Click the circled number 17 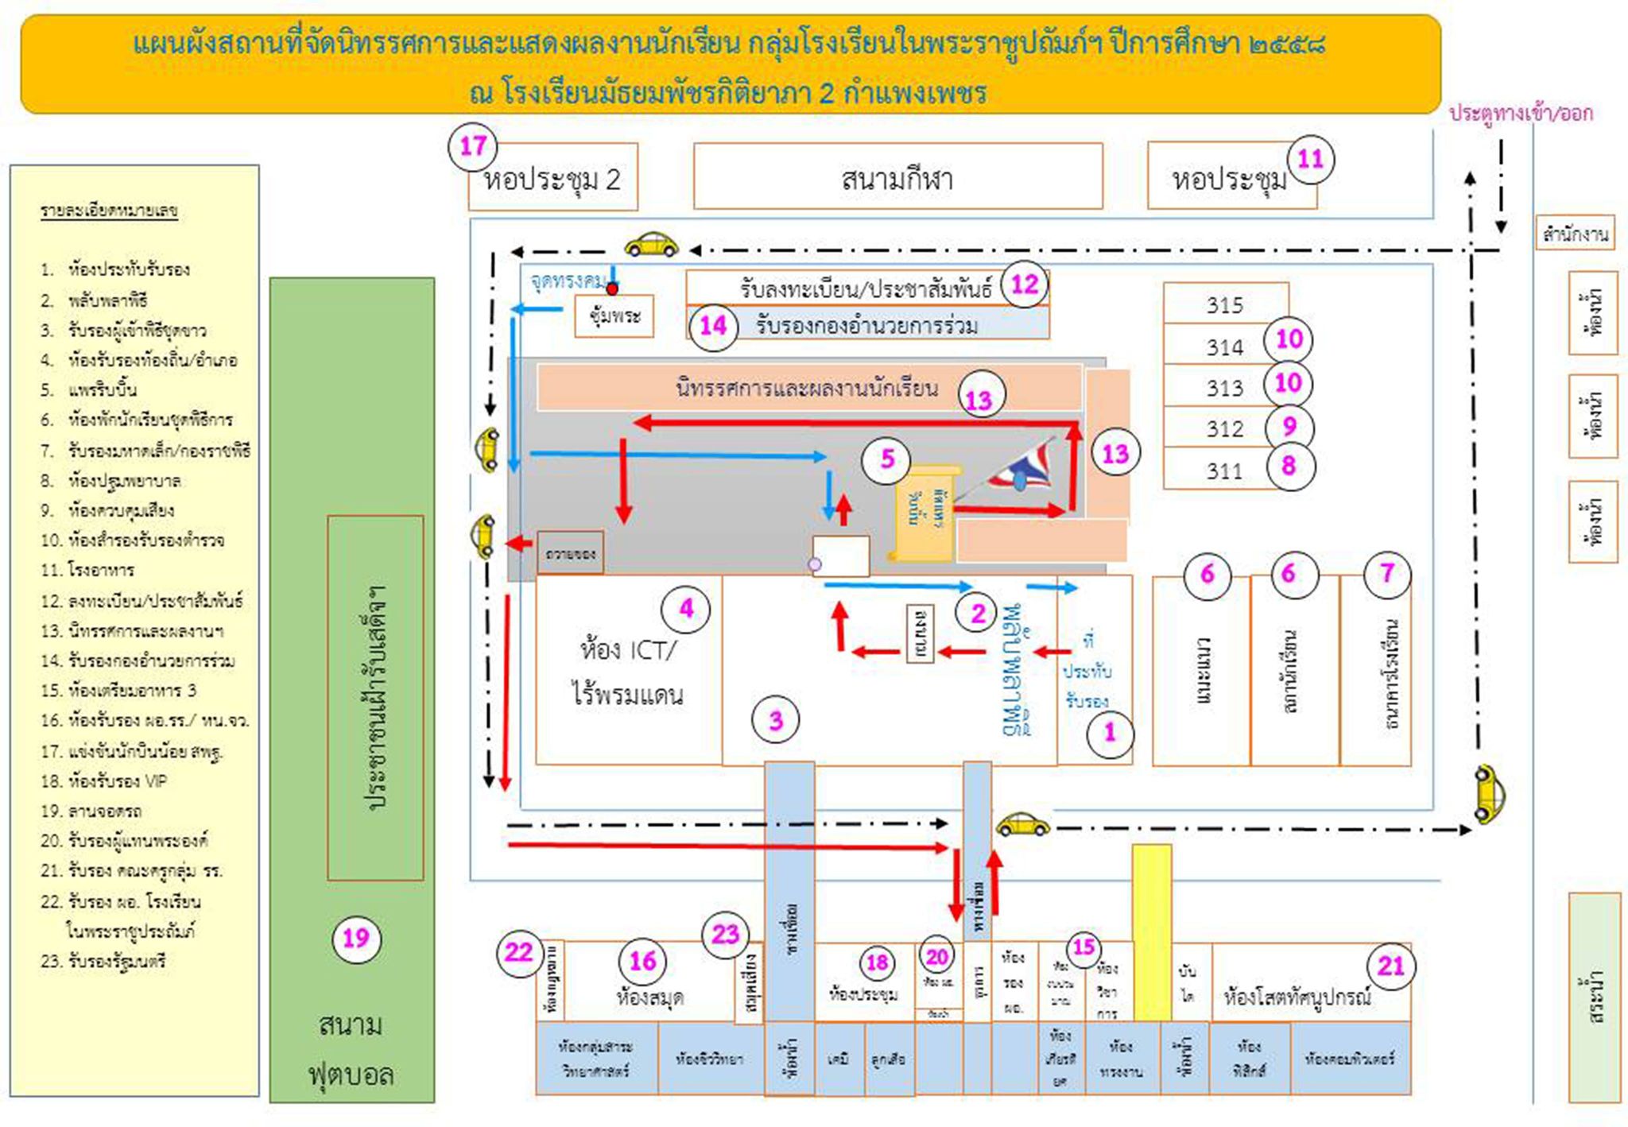[473, 146]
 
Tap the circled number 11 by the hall [1310, 159]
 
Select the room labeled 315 [1224, 305]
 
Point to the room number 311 [1224, 471]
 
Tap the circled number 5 [887, 459]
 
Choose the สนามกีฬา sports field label [897, 179]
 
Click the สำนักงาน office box [1575, 234]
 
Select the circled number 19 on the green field [356, 939]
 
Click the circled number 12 [1025, 284]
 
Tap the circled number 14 [713, 325]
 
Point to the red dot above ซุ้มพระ [612, 289]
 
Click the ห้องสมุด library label [649, 997]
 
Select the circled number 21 [1390, 966]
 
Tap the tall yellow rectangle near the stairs [1151, 931]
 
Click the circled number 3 [776, 720]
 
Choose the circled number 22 [518, 951]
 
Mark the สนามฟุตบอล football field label [351, 1049]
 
